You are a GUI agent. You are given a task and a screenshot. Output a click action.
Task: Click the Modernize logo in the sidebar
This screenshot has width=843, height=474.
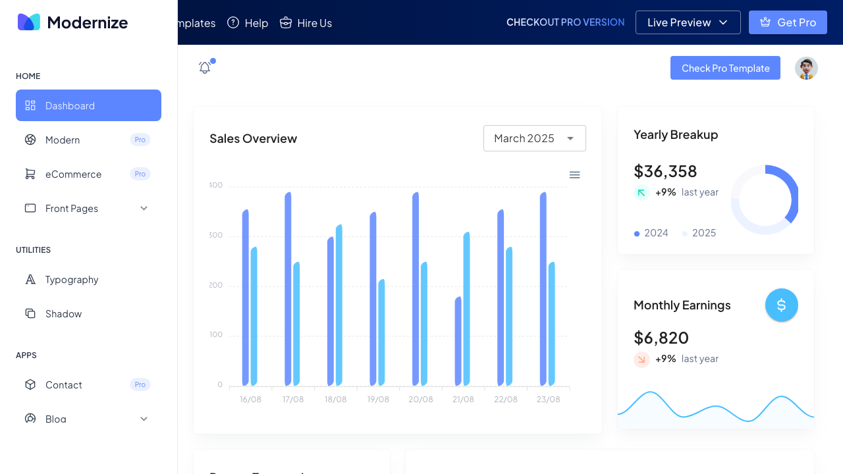click(x=72, y=22)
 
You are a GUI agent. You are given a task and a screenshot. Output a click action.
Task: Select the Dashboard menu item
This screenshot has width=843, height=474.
click(x=88, y=105)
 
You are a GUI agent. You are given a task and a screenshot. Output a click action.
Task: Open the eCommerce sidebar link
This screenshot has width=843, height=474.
click(x=73, y=174)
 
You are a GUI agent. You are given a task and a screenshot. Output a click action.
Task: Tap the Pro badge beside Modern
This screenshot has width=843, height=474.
click(x=140, y=140)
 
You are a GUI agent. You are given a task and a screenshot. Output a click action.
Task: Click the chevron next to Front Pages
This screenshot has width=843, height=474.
click(x=144, y=208)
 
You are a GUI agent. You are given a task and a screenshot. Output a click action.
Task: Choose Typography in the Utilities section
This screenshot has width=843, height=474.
click(x=72, y=279)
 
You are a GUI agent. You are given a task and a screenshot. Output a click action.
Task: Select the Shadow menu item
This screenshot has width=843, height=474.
click(x=63, y=313)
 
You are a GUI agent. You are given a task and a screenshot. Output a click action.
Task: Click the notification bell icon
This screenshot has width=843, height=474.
click(x=205, y=67)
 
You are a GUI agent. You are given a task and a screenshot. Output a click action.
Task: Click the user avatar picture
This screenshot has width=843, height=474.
click(x=806, y=68)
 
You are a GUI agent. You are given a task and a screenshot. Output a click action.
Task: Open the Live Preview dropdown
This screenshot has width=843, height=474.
click(x=688, y=22)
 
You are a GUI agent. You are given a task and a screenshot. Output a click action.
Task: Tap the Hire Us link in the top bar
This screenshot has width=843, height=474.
click(x=306, y=23)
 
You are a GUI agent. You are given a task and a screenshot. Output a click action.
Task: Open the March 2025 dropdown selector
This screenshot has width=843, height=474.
click(x=534, y=138)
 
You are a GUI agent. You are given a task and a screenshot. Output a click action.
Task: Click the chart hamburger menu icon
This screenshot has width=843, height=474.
click(x=574, y=174)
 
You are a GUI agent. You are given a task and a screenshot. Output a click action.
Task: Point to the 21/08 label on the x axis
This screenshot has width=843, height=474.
click(x=463, y=400)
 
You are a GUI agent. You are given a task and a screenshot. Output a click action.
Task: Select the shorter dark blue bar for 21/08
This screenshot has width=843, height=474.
click(x=458, y=341)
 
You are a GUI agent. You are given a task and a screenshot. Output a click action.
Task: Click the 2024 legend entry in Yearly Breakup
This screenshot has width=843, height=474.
click(x=651, y=233)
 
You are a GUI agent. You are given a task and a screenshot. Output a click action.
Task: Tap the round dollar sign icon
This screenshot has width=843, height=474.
click(x=781, y=305)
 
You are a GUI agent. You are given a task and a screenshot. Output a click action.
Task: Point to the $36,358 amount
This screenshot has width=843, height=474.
click(x=665, y=171)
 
